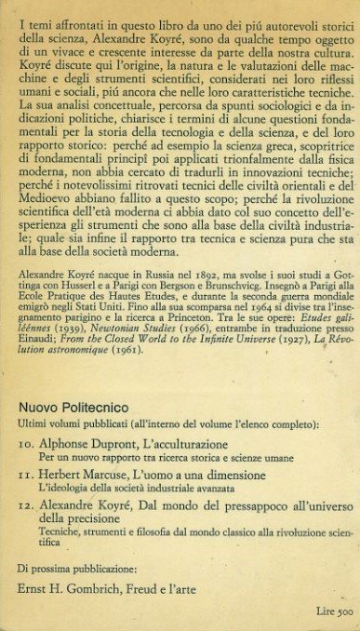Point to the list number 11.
point(28,475)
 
